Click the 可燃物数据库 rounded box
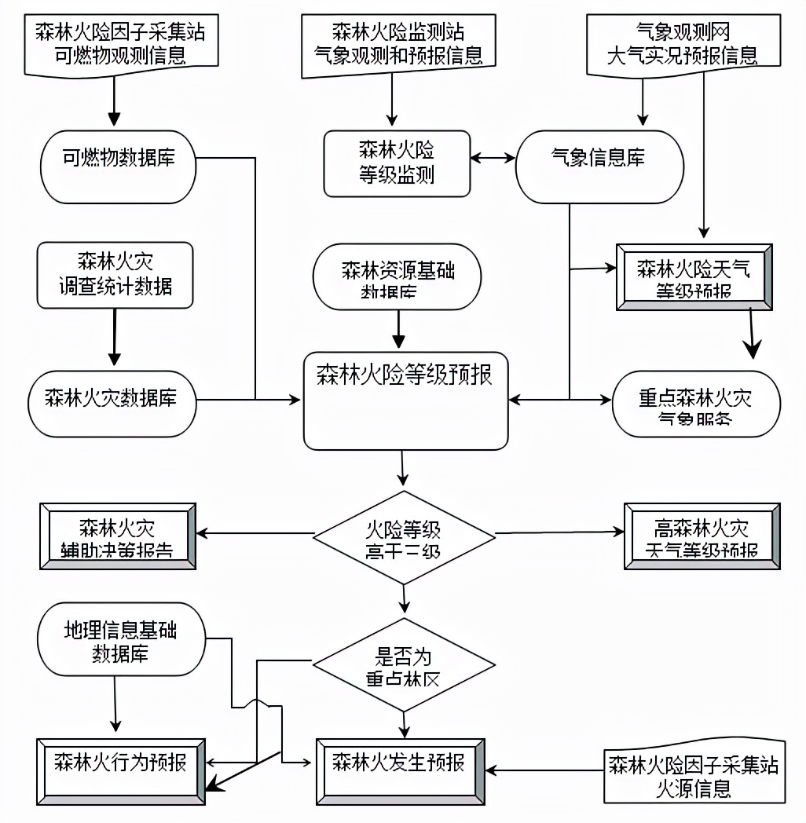click(x=118, y=166)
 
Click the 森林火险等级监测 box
click(x=397, y=163)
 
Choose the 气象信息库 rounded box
click(x=598, y=163)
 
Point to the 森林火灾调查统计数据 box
click(x=115, y=274)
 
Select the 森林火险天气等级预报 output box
click(x=694, y=278)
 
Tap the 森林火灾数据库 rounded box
click(x=112, y=400)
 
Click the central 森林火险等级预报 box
click(x=405, y=401)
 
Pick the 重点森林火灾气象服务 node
click(x=696, y=403)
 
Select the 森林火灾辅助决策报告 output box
click(x=117, y=537)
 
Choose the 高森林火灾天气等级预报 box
click(x=702, y=536)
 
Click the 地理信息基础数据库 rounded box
click(x=121, y=640)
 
